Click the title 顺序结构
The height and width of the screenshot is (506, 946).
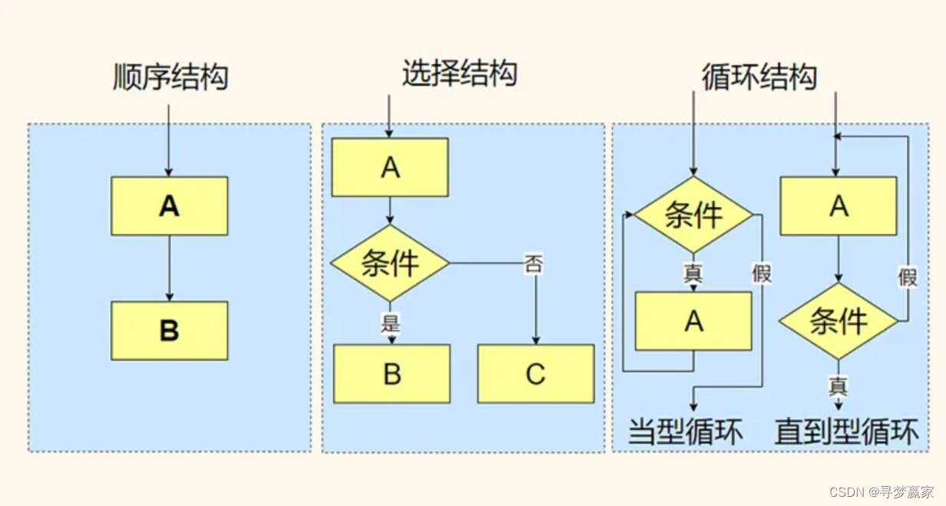coord(170,78)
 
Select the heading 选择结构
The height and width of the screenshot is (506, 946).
coord(460,74)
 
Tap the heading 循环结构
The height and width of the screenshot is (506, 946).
coord(759,77)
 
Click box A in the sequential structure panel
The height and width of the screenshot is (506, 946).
coord(170,206)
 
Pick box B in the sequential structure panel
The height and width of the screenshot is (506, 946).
coord(170,330)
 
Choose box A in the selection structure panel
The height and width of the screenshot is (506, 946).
coord(390,167)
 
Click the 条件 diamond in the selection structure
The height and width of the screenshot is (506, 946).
coord(390,263)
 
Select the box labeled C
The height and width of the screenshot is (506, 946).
coord(536,374)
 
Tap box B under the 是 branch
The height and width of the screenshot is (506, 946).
coord(391,374)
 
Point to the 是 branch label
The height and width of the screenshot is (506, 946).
coord(391,322)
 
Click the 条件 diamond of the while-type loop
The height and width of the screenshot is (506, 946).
coord(694,215)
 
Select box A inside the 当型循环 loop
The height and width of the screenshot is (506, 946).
coord(694,321)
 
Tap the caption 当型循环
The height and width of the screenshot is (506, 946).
coord(685,432)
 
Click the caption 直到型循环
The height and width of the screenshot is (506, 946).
coord(846,432)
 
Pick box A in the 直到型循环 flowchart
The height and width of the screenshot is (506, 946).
coord(839,206)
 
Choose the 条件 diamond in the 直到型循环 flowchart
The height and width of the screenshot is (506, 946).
coord(839,321)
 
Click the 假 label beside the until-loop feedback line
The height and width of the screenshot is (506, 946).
coord(908,276)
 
